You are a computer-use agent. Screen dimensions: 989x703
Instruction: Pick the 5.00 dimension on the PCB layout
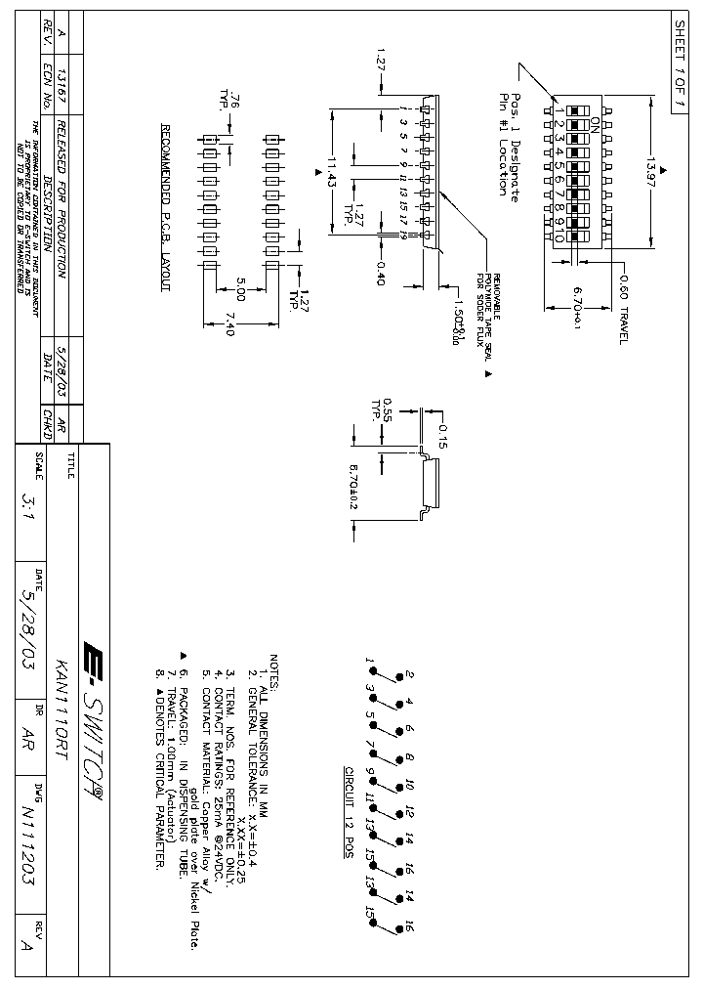pyautogui.click(x=240, y=294)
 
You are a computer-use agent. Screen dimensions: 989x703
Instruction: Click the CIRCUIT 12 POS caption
pyautogui.click(x=349, y=811)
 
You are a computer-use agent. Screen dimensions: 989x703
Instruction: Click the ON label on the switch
pyautogui.click(x=596, y=124)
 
